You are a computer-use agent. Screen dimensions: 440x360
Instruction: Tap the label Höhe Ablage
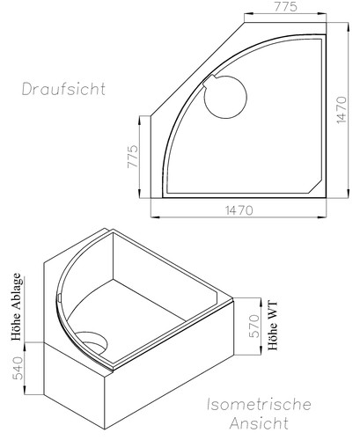[15, 307]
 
